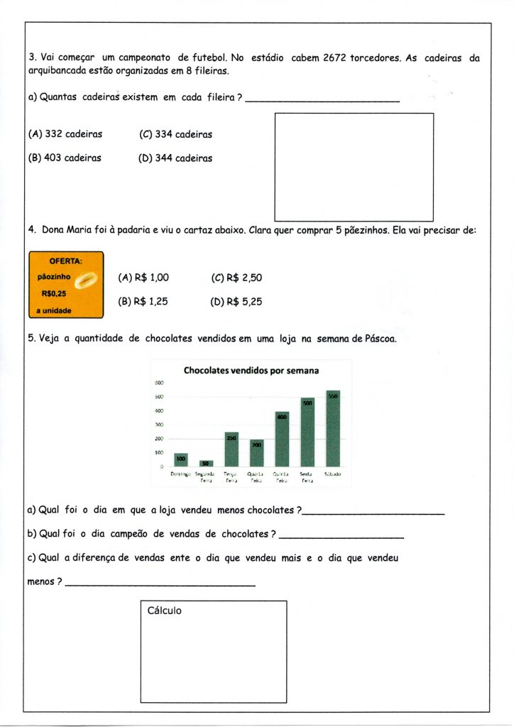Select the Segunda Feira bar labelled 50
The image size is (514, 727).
pyautogui.click(x=206, y=464)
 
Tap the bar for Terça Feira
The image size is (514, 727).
pyautogui.click(x=231, y=449)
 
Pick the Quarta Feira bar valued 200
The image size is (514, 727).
pyautogui.click(x=256, y=453)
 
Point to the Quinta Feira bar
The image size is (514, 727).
pyautogui.click(x=282, y=439)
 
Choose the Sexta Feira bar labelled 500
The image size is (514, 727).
pyautogui.click(x=307, y=432)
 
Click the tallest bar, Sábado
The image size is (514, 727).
pyautogui.click(x=333, y=428)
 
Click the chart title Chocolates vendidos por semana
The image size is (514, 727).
pyautogui.click(x=251, y=370)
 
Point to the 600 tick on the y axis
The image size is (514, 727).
pyautogui.click(x=159, y=383)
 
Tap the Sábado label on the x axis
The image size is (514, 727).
pyautogui.click(x=333, y=474)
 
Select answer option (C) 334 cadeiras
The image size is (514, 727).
pyautogui.click(x=176, y=134)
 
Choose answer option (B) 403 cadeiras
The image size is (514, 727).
pyautogui.click(x=65, y=158)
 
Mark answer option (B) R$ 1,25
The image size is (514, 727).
pyautogui.click(x=143, y=301)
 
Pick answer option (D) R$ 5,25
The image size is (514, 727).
pyautogui.click(x=236, y=301)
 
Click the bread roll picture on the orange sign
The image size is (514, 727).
pyautogui.click(x=86, y=280)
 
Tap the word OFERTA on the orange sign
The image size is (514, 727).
pyautogui.click(x=65, y=261)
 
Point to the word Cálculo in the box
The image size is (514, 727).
pyautogui.click(x=164, y=611)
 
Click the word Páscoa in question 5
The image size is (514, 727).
pyautogui.click(x=377, y=339)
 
